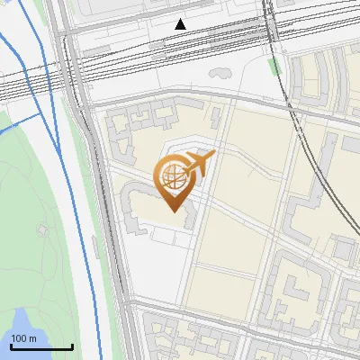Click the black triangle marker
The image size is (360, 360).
tap(181, 23)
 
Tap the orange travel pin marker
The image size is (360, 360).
tap(178, 181)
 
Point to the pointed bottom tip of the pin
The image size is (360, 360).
tap(171, 211)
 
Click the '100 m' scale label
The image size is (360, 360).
tap(24, 338)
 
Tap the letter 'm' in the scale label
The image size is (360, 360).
tap(32, 338)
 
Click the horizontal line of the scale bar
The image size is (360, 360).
tap(41, 346)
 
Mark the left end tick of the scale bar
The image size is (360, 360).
tap(11, 345)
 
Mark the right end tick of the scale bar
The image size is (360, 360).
tap(72, 345)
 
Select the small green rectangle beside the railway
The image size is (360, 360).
tap(274, 67)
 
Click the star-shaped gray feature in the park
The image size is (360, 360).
tap(41, 229)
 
